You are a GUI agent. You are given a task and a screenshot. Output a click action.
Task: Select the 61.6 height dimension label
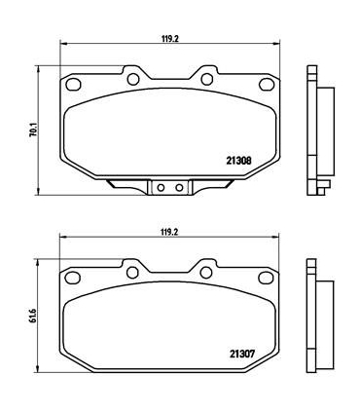click(x=33, y=317)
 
